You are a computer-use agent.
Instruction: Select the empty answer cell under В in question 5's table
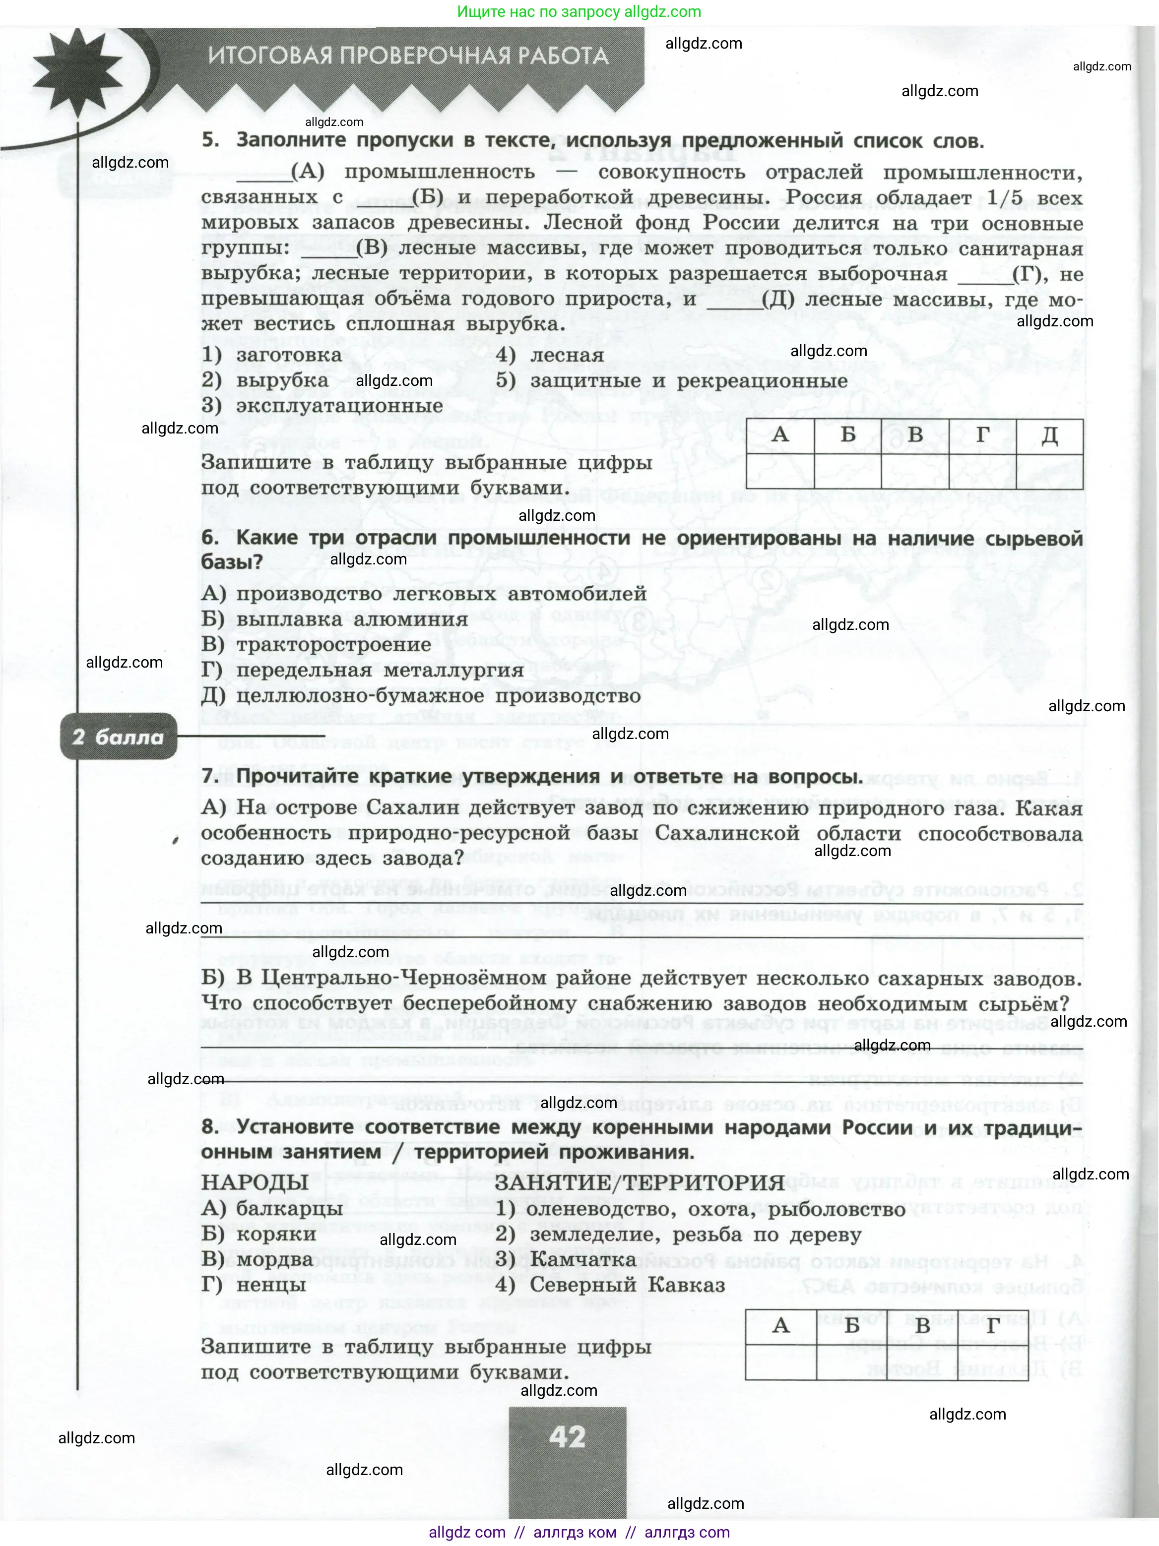[x=915, y=470]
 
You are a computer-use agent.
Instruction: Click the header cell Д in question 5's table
[x=1049, y=435]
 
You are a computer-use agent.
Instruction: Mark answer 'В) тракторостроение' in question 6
[x=316, y=644]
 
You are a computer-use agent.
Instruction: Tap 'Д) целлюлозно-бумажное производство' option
[x=420, y=696]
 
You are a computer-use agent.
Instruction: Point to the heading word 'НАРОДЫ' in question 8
[x=255, y=1182]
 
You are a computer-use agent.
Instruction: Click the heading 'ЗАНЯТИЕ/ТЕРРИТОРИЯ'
[x=639, y=1182]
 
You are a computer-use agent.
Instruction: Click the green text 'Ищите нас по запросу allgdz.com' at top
[x=579, y=12]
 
